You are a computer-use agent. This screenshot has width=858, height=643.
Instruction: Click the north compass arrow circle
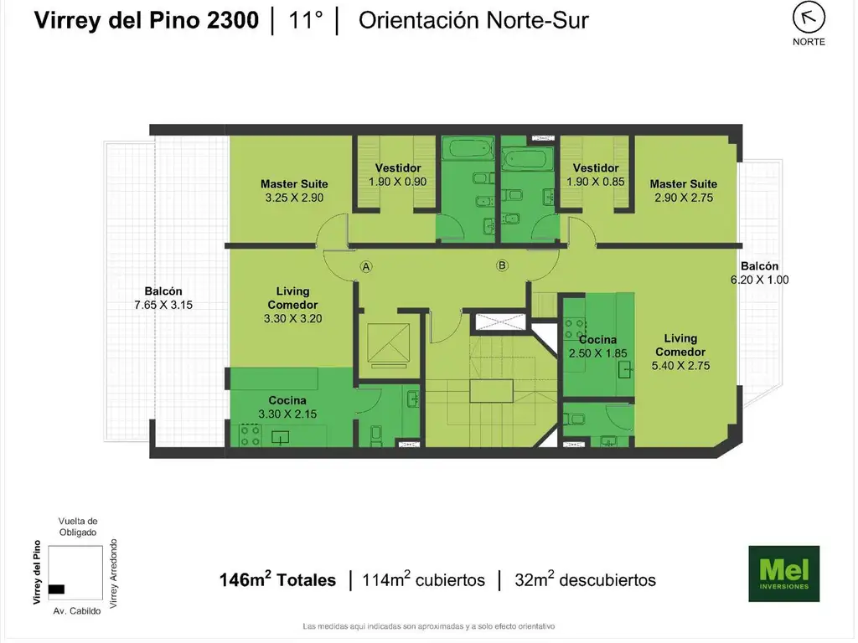pyautogui.click(x=809, y=18)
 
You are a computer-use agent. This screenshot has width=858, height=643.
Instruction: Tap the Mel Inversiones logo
pyautogui.click(x=783, y=574)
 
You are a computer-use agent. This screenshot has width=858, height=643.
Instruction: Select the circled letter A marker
pyautogui.click(x=366, y=267)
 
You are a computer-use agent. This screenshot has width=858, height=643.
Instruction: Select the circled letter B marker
pyautogui.click(x=502, y=265)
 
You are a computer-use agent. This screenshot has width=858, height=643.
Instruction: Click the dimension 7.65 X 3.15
pyautogui.click(x=163, y=305)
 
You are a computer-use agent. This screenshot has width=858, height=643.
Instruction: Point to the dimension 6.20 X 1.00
pyautogui.click(x=759, y=280)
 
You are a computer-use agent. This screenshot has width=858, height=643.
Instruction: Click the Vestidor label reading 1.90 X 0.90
pyautogui.click(x=398, y=175)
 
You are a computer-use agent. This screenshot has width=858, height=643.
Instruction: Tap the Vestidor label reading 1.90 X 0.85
pyautogui.click(x=596, y=175)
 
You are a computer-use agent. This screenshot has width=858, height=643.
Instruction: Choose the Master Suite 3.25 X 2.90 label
pyautogui.click(x=294, y=191)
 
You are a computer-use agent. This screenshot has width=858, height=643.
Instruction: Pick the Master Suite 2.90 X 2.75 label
pyautogui.click(x=684, y=191)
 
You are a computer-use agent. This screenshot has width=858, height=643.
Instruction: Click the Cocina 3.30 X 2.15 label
pyautogui.click(x=287, y=408)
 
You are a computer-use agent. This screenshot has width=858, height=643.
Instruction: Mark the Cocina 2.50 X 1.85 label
pyautogui.click(x=597, y=347)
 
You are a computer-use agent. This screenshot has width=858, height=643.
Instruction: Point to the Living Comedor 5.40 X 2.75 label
pyautogui.click(x=680, y=352)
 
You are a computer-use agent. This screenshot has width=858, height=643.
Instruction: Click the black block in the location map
pyautogui.click(x=56, y=589)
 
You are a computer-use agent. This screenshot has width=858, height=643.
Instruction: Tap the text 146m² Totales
pyautogui.click(x=277, y=579)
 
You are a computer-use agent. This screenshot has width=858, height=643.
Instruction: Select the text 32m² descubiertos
pyautogui.click(x=585, y=579)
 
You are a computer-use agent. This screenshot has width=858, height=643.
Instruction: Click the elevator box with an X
pyautogui.click(x=389, y=342)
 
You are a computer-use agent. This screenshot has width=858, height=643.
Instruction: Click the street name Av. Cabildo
pyautogui.click(x=76, y=611)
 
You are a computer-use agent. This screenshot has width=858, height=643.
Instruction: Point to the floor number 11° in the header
pyautogui.click(x=305, y=20)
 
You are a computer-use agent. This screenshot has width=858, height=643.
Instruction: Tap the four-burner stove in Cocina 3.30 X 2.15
pyautogui.click(x=250, y=435)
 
